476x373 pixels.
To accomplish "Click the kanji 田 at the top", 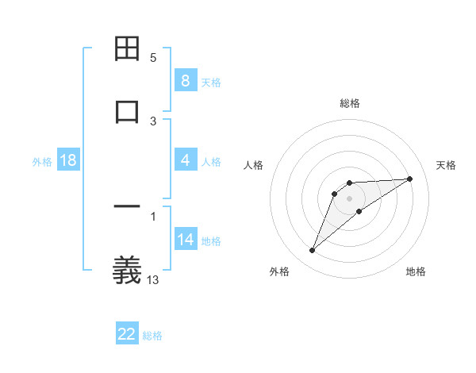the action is tap(128, 49).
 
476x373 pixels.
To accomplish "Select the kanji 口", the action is tap(128, 111).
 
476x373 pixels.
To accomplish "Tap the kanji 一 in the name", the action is tap(128, 208).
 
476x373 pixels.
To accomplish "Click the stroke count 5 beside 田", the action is tap(153, 58).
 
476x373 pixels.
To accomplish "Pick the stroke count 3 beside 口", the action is tap(153, 121).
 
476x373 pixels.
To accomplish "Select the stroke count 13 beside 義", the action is tap(153, 279).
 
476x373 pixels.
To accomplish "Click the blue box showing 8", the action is tap(185, 80).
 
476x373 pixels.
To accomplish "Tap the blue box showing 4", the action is tap(185, 160).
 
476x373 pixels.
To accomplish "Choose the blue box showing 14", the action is tap(185, 240).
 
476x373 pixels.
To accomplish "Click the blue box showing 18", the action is tap(68, 160).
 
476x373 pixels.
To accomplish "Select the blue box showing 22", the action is tap(127, 334).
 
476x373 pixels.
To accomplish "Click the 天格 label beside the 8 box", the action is tap(211, 82).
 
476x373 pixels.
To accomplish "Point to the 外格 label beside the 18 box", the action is tap(42, 162).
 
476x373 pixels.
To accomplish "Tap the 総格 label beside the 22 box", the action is tap(152, 336).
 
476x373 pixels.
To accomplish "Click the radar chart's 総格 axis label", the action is tap(350, 103).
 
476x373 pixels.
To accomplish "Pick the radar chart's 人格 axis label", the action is tap(254, 165).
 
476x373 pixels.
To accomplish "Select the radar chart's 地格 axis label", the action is tap(416, 271).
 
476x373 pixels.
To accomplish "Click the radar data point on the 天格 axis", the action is tap(410, 179).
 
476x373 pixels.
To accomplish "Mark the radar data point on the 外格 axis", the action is tap(312, 251).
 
